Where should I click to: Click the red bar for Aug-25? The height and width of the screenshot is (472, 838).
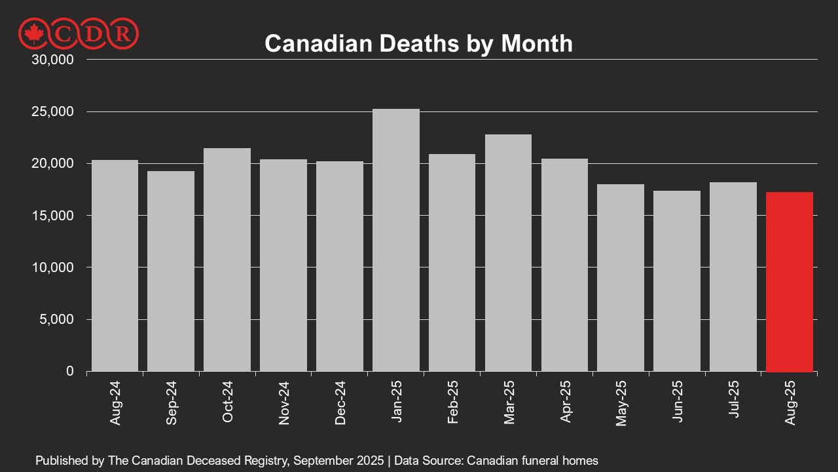[789, 282]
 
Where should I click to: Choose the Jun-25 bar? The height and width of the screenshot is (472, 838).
[677, 281]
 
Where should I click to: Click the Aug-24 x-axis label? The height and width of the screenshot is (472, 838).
[115, 401]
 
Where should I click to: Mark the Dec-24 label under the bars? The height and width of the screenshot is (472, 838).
[340, 401]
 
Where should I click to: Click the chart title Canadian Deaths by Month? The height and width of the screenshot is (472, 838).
[418, 43]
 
